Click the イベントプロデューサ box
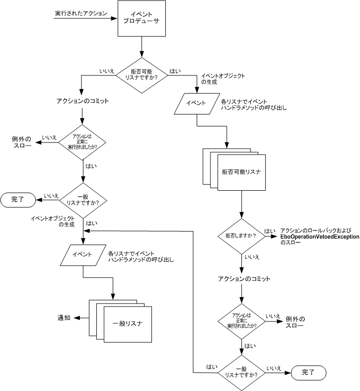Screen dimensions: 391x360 (141, 19)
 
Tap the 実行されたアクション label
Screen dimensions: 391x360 (81, 13)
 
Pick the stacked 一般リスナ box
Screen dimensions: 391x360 (127, 323)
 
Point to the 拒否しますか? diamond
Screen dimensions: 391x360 (241, 235)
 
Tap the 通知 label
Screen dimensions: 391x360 (64, 317)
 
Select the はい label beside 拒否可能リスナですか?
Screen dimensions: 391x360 (175, 71)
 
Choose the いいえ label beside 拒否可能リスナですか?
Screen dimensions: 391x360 (107, 71)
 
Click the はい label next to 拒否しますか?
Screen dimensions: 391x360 (270, 231)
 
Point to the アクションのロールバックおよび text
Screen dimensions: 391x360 (316, 230)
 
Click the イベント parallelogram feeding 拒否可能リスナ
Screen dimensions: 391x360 (197, 103)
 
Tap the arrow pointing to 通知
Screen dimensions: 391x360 (81, 318)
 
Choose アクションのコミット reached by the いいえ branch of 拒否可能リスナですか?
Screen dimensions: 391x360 (82, 101)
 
